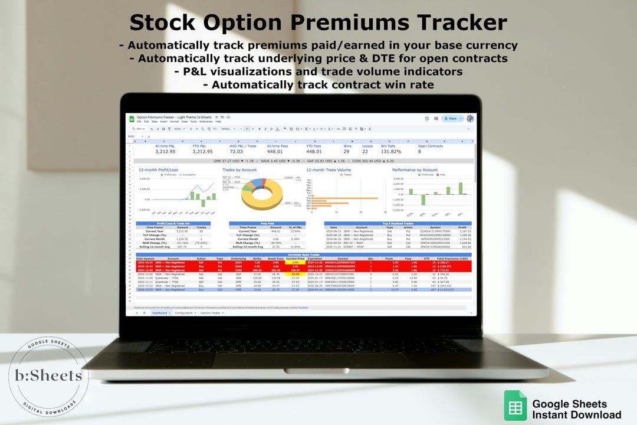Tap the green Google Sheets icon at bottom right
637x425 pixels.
515,406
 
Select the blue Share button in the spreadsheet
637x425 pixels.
452,119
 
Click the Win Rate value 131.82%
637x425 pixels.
390,152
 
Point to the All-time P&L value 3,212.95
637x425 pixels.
165,152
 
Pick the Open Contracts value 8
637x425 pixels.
420,152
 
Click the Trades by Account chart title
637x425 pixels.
239,170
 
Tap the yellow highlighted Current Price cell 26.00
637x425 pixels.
295,274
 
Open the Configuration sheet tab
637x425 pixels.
183,313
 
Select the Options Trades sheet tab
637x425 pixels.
211,313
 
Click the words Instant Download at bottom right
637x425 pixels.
576,415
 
